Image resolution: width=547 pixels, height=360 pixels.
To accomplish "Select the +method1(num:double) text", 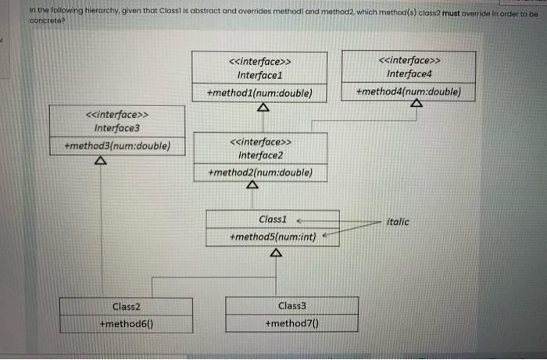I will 259,93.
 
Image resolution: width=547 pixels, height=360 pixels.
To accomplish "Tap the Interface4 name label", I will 409,74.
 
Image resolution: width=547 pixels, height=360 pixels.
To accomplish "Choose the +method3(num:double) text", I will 116,146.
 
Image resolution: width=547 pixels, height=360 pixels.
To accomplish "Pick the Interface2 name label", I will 260,155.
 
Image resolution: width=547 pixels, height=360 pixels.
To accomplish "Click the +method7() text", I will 291,323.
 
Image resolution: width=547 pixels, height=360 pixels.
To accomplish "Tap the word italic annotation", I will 398,222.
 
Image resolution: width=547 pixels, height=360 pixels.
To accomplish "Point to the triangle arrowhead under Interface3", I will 100,161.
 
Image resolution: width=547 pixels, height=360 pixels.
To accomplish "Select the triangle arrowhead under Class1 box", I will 274,253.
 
